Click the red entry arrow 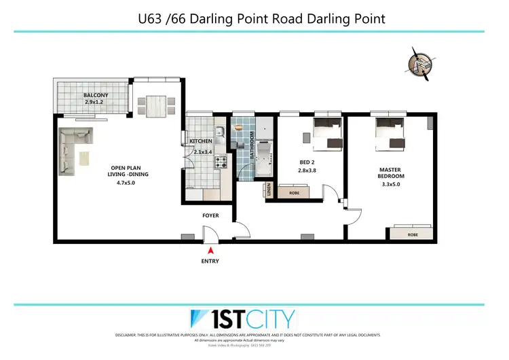pos(210,251)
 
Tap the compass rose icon pos(419,63)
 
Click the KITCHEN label pos(201,141)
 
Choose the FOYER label pos(210,215)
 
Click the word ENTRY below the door pos(210,261)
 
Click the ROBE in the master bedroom pos(413,234)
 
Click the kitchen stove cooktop pos(221,162)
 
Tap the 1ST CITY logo pos(242,319)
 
